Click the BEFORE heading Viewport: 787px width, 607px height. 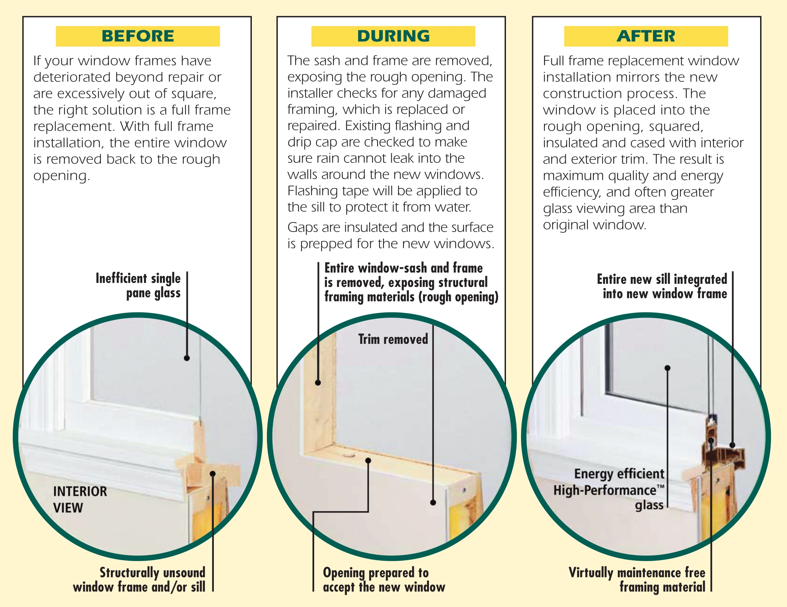pos(138,36)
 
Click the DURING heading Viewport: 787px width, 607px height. pos(393,36)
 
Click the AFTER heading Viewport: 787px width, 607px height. pos(646,36)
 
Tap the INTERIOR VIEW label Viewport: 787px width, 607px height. pos(80,500)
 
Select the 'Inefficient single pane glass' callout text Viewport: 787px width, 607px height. pos(138,286)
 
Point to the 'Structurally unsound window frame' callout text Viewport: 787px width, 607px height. pos(139,580)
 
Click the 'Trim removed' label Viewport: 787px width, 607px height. pos(393,339)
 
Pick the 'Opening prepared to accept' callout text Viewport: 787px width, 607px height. pos(384,580)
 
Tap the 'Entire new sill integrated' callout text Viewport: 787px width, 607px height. pos(662,286)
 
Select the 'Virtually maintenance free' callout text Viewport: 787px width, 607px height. pos(637,580)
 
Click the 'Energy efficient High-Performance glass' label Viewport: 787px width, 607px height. pos(609,489)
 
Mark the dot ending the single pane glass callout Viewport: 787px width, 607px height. pos(187,358)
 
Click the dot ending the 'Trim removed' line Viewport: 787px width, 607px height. pos(433,502)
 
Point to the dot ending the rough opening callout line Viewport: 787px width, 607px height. pos(318,383)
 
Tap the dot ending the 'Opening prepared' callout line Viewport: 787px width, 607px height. pos(368,461)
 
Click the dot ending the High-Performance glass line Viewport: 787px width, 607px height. pos(667,368)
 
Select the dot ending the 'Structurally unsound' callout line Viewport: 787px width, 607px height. pos(213,474)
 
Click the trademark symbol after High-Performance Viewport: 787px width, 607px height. pos(660,487)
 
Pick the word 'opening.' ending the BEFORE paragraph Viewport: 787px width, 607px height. pos(62,176)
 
